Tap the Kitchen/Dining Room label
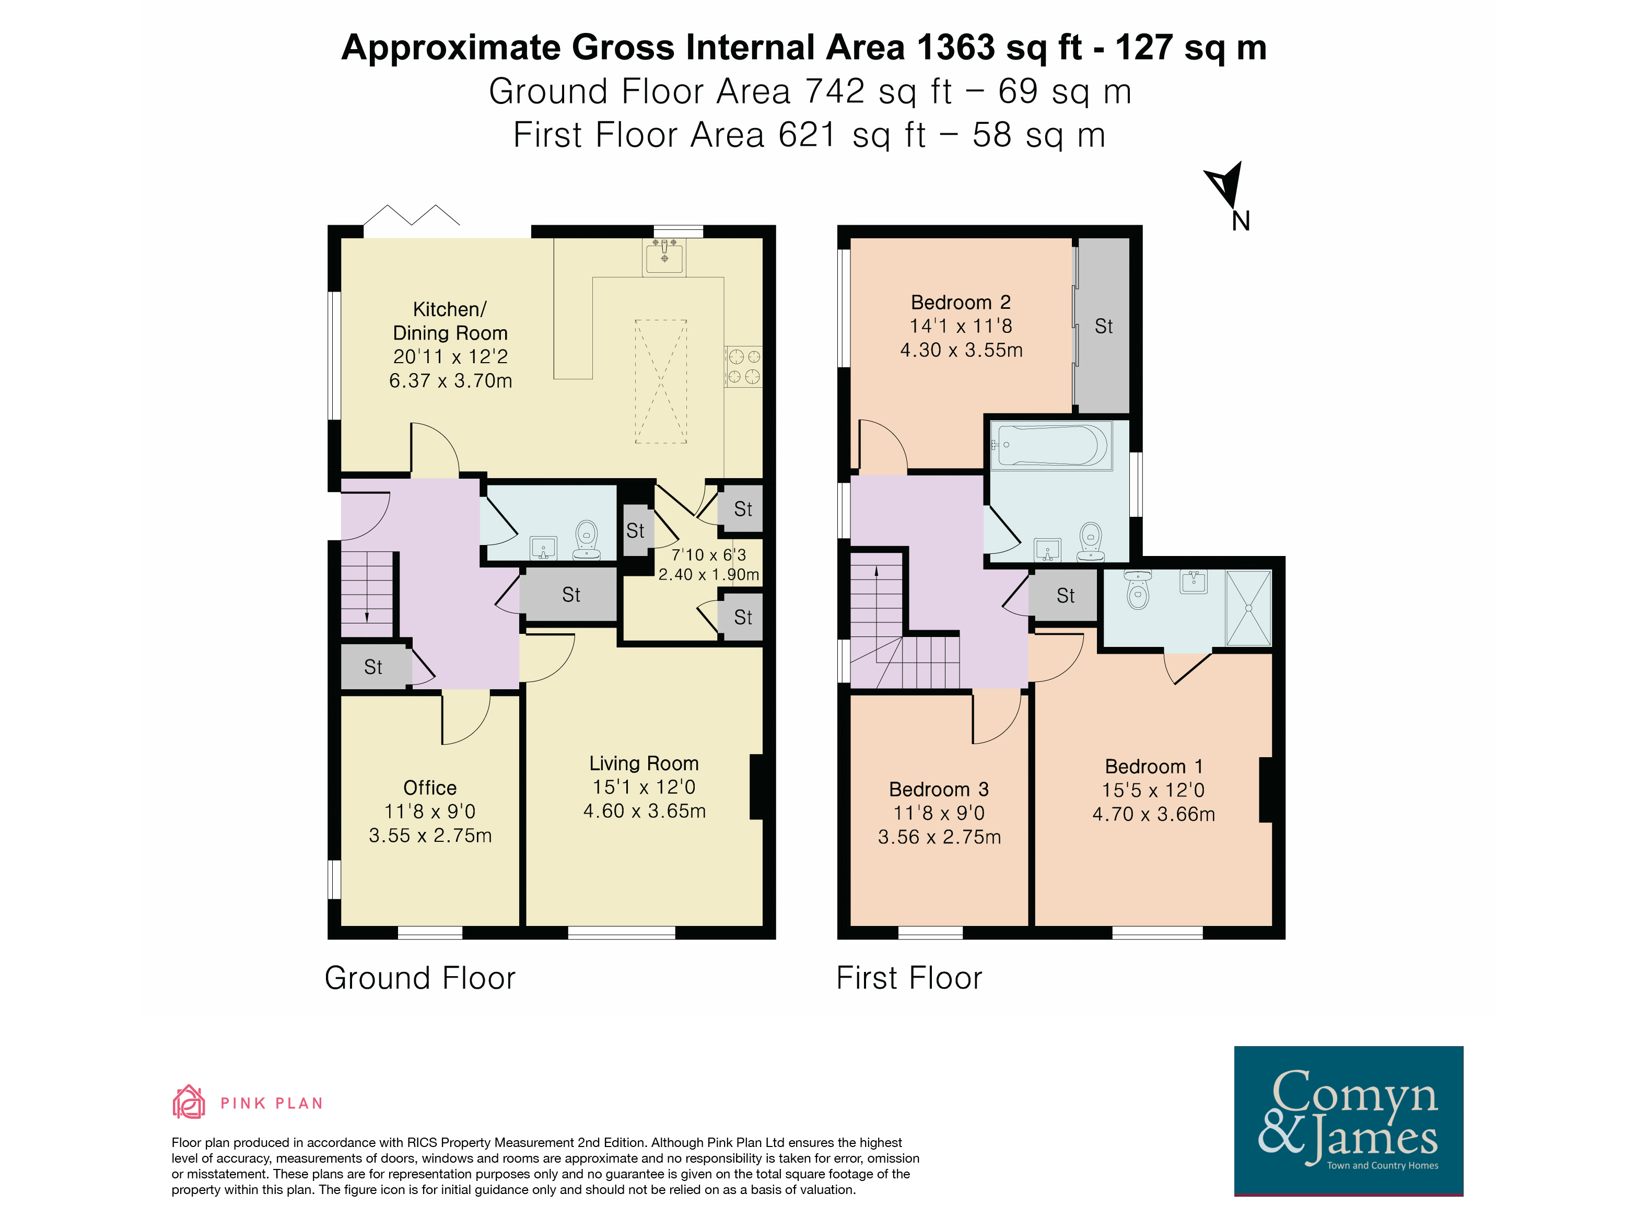(x=450, y=320)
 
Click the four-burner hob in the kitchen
(x=743, y=367)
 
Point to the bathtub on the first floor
(x=1051, y=445)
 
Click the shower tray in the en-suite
(x=1248, y=608)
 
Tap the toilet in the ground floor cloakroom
(x=587, y=540)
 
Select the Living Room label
(x=644, y=763)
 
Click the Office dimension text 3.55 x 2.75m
(x=430, y=835)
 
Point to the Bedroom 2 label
(x=961, y=302)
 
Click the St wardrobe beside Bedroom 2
(x=1103, y=326)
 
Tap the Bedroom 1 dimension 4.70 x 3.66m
(x=1154, y=814)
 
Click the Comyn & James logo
(x=1348, y=1120)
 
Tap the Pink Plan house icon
(x=189, y=1102)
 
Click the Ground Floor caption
(x=420, y=978)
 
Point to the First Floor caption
(x=909, y=978)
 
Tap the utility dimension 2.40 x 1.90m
(x=708, y=574)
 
